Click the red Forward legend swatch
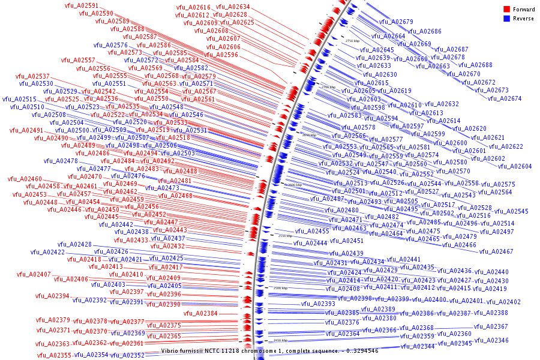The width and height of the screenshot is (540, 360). [506, 10]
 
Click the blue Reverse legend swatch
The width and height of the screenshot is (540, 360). [506, 19]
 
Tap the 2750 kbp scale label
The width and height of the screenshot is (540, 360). [352, 41]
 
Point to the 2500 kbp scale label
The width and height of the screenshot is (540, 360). [281, 289]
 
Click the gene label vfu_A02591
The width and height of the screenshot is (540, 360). [82, 5]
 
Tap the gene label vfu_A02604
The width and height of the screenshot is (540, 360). [514, 166]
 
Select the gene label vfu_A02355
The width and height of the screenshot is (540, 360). [54, 355]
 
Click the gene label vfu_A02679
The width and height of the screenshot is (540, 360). [396, 22]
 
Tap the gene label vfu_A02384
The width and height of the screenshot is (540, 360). [200, 313]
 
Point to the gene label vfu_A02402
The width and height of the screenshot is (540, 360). [503, 302]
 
